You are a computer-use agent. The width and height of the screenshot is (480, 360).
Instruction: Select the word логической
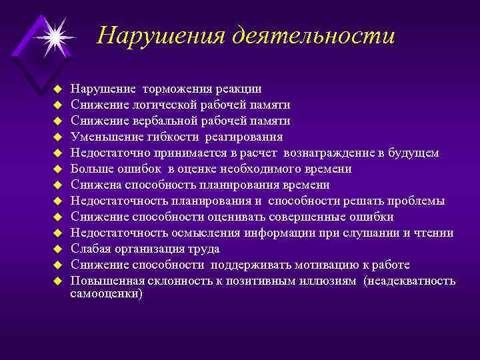click(x=151, y=105)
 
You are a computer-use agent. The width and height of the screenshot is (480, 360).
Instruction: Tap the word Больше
click(x=90, y=169)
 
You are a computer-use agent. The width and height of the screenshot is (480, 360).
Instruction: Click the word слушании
click(x=376, y=233)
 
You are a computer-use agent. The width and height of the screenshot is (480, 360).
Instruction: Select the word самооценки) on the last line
click(x=106, y=293)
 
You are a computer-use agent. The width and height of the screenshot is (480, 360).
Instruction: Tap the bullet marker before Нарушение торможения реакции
click(x=58, y=89)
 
